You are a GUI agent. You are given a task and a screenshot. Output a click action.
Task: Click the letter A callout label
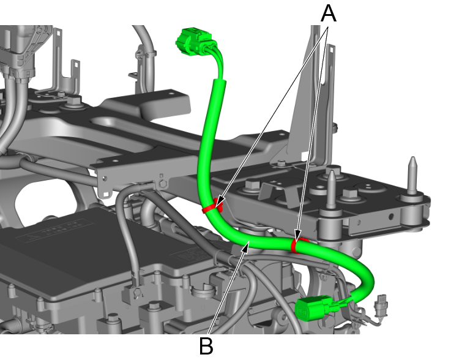[329, 14]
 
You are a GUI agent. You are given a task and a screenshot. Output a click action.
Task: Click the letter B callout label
[206, 346]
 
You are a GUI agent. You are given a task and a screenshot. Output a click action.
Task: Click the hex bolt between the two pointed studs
[350, 194]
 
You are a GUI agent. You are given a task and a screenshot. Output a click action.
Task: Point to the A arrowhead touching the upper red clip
[220, 200]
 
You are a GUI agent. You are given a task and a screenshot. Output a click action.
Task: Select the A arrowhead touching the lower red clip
[297, 236]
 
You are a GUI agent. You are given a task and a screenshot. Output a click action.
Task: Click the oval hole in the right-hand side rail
[391, 216]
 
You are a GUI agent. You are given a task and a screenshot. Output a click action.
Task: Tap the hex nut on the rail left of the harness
[162, 184]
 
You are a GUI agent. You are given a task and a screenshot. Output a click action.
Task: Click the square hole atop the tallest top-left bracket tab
[76, 64]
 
